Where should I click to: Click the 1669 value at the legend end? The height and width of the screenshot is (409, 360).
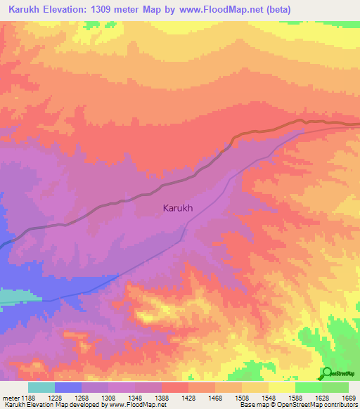[349, 397]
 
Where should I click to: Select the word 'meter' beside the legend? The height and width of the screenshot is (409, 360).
[10, 397]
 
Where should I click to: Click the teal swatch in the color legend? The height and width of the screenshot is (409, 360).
[41, 387]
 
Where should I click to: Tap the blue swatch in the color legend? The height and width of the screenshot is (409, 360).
[68, 387]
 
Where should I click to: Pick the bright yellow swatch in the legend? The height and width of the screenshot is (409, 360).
[281, 387]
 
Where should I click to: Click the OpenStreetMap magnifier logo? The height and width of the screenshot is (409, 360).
[327, 372]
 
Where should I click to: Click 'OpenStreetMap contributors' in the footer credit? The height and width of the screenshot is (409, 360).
[317, 405]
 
